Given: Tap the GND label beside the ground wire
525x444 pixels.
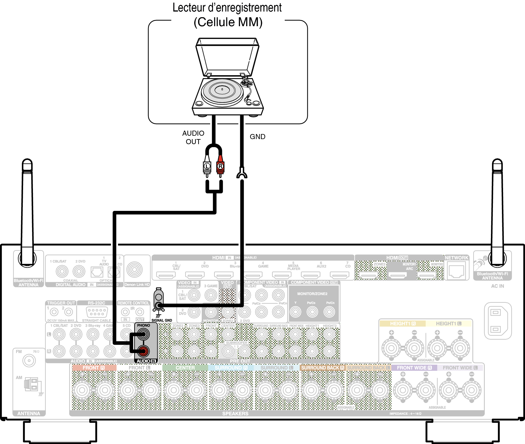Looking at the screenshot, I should coord(257,137).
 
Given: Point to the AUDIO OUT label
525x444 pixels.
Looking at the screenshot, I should coord(193,137).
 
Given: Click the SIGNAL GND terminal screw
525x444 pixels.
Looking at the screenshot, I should coord(159,305).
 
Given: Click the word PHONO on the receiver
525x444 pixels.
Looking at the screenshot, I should coord(143,325).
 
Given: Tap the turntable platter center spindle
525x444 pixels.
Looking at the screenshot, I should coord(222,90).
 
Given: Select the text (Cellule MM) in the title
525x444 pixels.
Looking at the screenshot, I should coord(228,22).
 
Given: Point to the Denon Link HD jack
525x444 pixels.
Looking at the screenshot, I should coord(134,270).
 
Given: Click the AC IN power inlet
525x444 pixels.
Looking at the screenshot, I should coord(497,321).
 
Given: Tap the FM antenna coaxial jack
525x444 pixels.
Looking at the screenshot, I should coord(29,361).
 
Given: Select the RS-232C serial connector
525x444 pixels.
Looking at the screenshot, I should coord(97,312).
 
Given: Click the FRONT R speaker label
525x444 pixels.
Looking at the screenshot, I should coord(94,368).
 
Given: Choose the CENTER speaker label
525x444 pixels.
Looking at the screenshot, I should coord(185,368).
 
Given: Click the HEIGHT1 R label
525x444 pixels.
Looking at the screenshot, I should coord(403,324).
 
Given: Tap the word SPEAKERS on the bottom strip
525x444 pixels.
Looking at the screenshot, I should coord(235,414).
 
